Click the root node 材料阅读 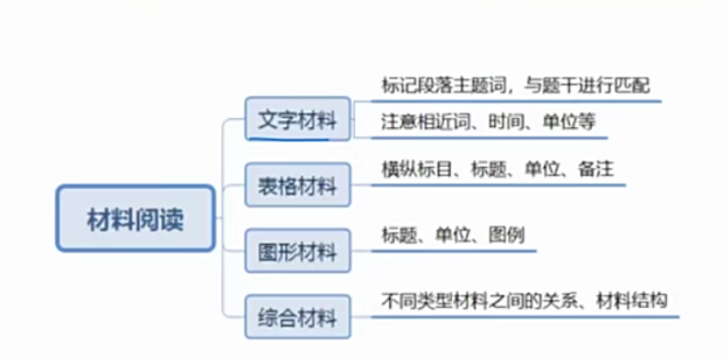(135, 218)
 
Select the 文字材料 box (297, 118)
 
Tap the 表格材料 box (297, 185)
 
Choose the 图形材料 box (297, 252)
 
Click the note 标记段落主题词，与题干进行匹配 (515, 86)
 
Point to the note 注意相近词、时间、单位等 (488, 122)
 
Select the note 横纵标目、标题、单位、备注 (497, 168)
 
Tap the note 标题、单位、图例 (453, 234)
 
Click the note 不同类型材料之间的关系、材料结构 (524, 299)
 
